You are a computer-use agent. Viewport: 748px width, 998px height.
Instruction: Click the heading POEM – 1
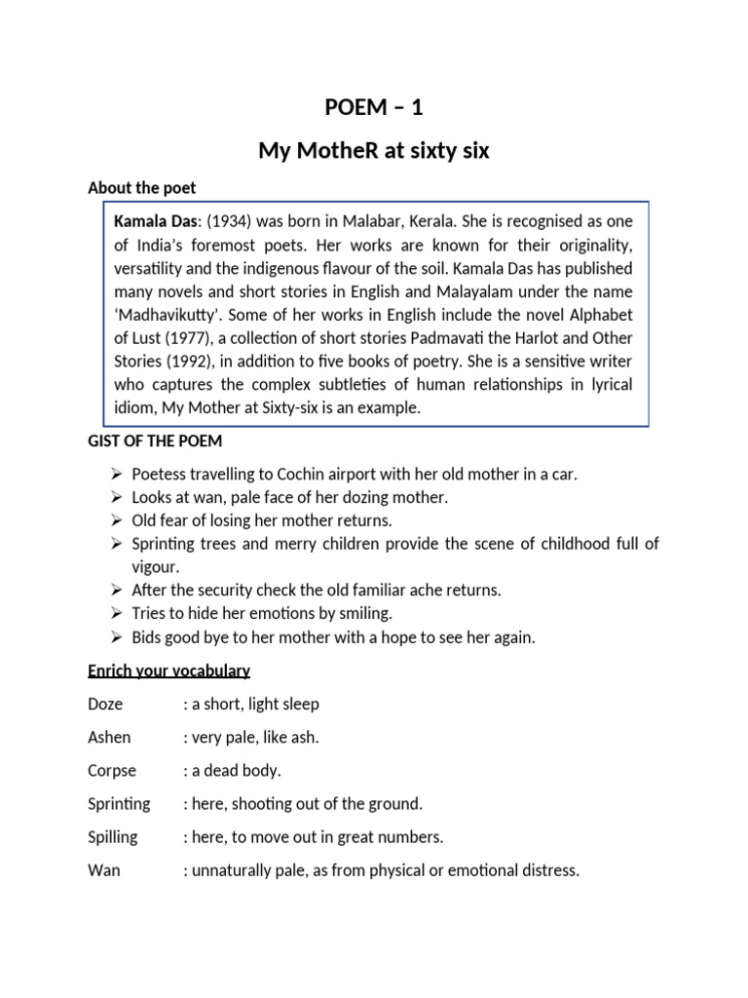tap(373, 108)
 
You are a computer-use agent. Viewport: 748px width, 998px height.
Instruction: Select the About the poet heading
tap(141, 188)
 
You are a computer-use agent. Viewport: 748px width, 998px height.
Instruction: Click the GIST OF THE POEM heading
tap(155, 441)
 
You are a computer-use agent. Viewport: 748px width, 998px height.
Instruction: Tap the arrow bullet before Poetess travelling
tap(115, 475)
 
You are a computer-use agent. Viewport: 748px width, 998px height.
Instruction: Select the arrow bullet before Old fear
tap(115, 521)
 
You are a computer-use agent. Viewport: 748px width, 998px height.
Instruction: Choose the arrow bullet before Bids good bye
tap(115, 638)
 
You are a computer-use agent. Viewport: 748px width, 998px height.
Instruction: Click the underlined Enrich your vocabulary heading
tap(168, 672)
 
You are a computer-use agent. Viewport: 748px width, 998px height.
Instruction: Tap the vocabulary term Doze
tap(105, 704)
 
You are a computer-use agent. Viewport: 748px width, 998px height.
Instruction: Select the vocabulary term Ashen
tap(109, 737)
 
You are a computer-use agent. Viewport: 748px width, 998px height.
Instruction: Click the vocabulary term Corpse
tap(112, 770)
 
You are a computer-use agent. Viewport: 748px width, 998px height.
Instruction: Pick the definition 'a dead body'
tap(236, 770)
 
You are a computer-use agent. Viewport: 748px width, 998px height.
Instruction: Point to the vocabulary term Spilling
tap(113, 836)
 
